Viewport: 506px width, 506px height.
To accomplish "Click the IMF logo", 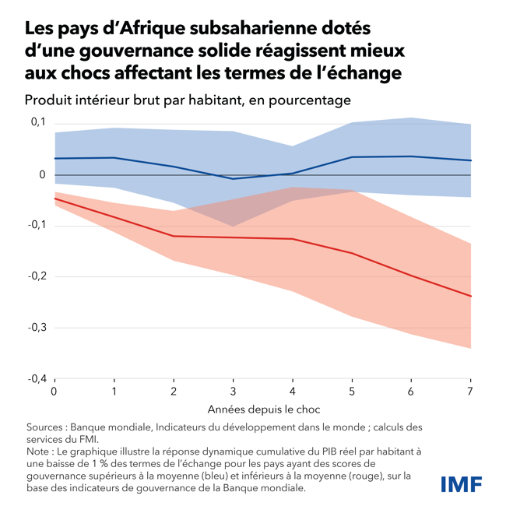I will [462, 483].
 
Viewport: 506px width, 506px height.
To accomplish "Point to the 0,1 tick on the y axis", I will [38, 122].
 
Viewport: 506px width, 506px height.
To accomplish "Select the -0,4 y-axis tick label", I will [37, 378].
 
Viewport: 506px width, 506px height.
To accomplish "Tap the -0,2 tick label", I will [37, 276].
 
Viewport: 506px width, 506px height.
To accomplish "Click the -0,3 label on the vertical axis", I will [37, 327].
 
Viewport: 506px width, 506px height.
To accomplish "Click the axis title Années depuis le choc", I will [264, 409].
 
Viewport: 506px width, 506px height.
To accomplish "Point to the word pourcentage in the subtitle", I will [306, 100].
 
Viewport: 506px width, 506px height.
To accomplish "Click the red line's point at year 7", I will [471, 296].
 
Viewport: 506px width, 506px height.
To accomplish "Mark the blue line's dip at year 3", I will [233, 179].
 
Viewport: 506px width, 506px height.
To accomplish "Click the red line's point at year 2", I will [174, 236].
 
